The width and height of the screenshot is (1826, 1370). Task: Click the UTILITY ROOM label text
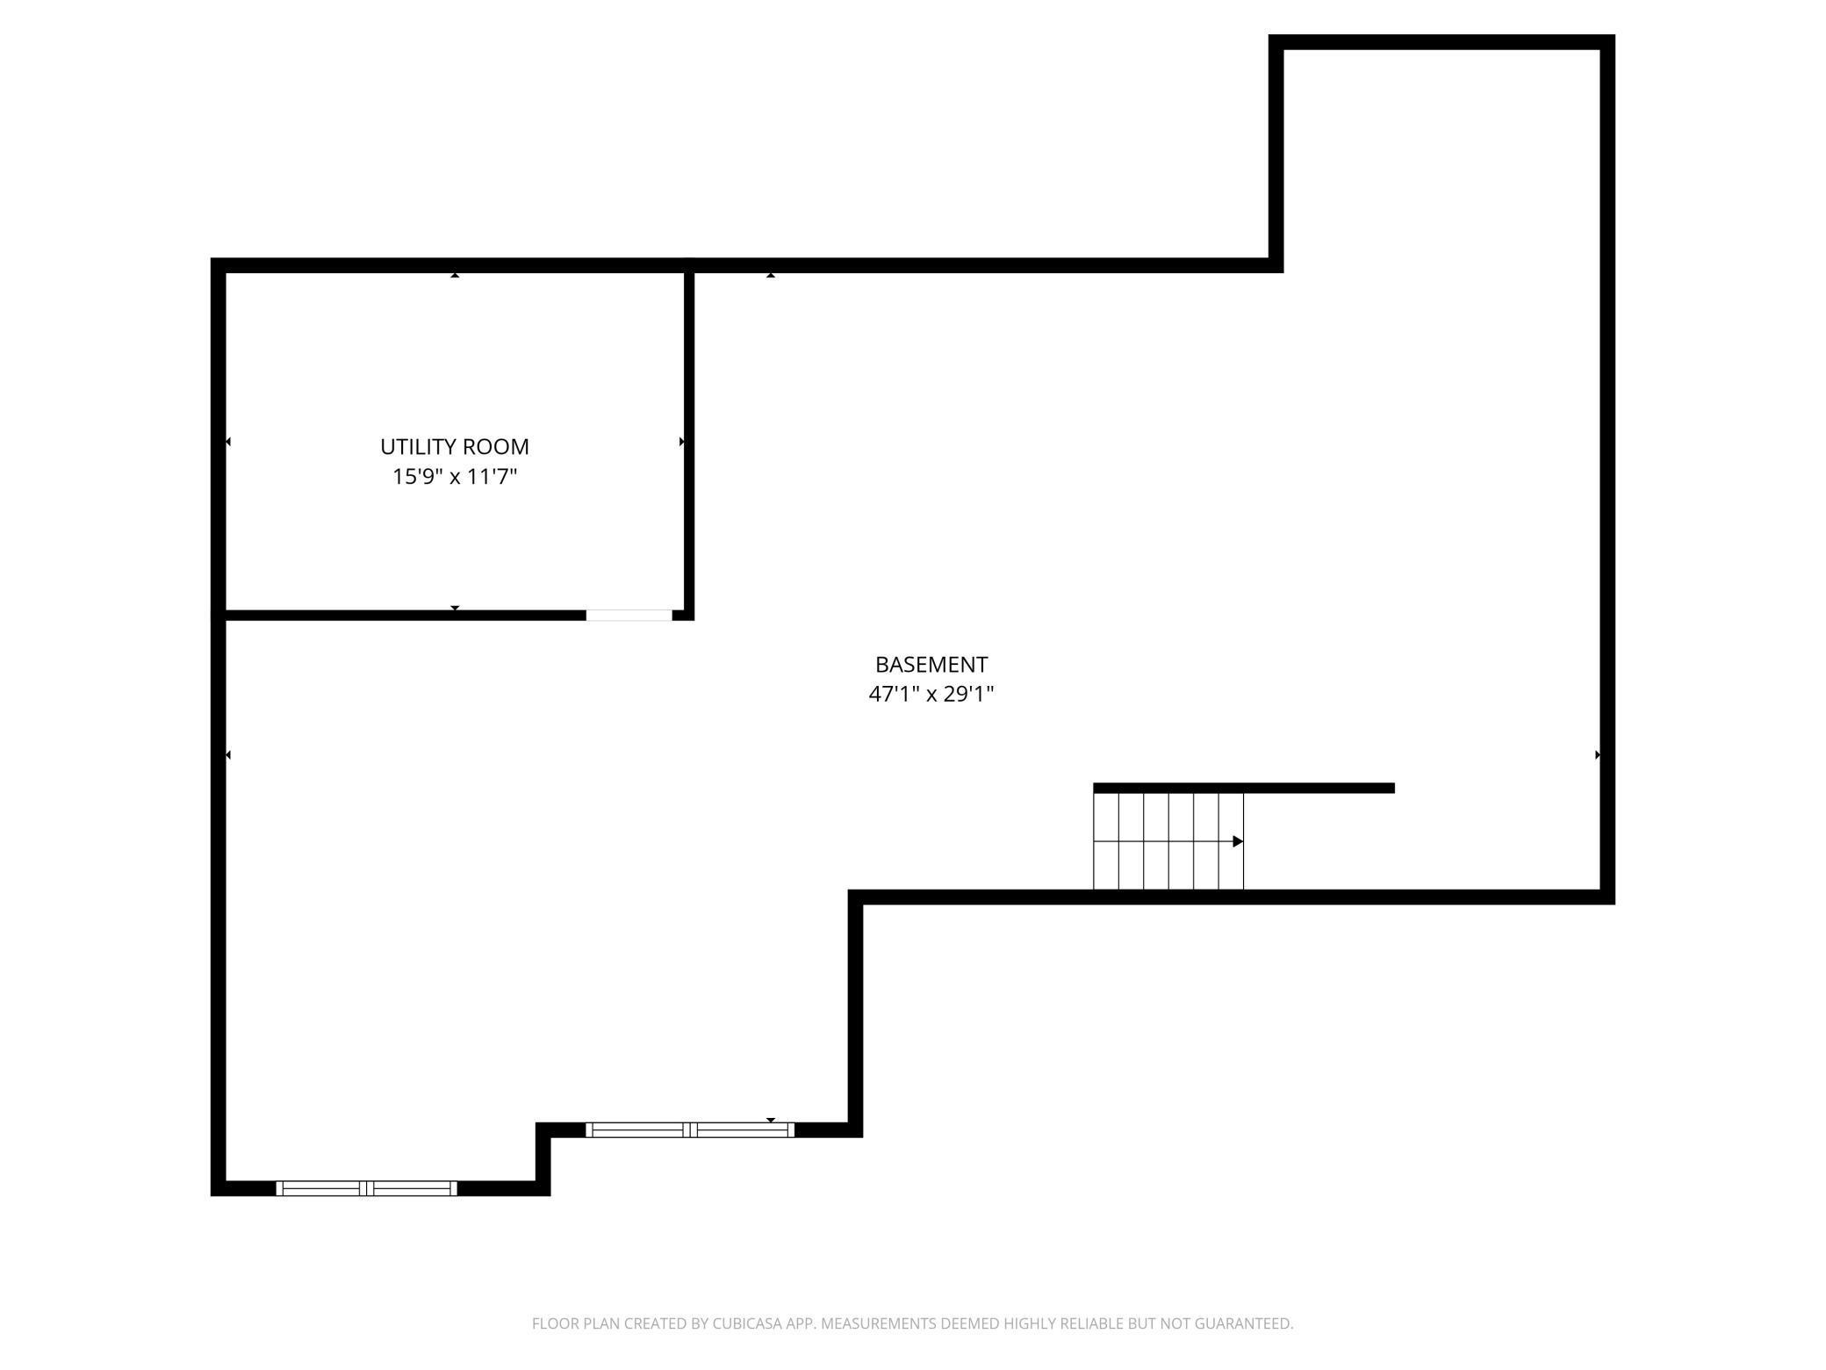click(x=455, y=446)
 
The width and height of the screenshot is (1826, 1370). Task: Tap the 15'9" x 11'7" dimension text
click(x=455, y=477)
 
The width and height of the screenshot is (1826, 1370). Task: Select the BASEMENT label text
click(x=931, y=664)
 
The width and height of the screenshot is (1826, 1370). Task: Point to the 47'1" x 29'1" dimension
click(x=931, y=694)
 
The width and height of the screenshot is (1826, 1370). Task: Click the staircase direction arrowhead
click(x=1238, y=841)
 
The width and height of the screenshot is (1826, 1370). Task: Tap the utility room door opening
click(x=629, y=615)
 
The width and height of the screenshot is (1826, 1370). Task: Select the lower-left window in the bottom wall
click(x=367, y=1188)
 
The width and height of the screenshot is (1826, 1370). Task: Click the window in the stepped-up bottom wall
click(x=690, y=1130)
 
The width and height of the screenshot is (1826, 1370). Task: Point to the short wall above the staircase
click(x=1244, y=788)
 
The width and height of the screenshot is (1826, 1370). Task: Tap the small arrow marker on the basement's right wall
click(x=1598, y=754)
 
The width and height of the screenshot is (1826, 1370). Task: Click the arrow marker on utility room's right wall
click(x=682, y=442)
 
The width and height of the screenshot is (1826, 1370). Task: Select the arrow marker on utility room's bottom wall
click(x=455, y=608)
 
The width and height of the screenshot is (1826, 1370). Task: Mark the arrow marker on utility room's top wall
click(x=455, y=275)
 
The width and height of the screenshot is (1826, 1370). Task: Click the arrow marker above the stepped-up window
click(x=771, y=1120)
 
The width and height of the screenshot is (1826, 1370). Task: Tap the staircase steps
click(x=1168, y=841)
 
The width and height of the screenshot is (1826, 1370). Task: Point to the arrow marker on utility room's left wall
click(x=228, y=442)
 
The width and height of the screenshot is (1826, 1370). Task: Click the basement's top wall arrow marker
click(x=771, y=275)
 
